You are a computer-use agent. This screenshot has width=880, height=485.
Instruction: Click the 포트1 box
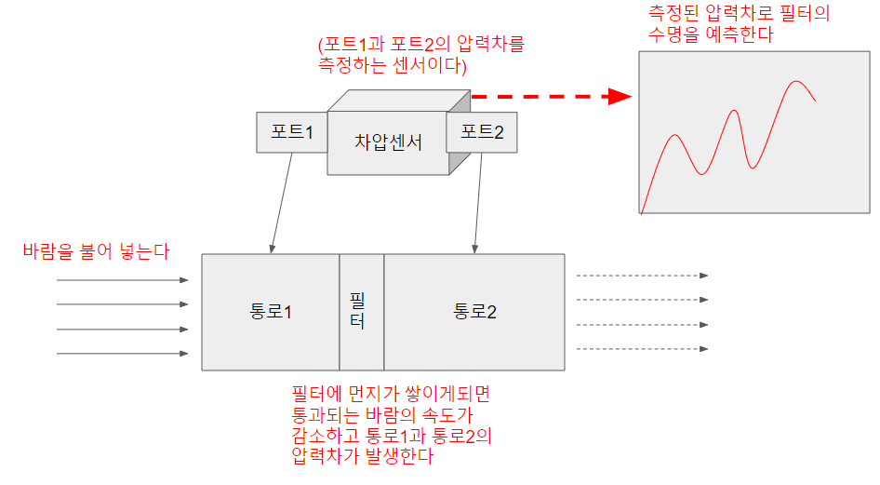tap(291, 132)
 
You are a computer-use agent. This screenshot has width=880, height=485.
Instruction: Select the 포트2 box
tap(482, 132)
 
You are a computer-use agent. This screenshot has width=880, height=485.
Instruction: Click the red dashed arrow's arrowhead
tap(619, 96)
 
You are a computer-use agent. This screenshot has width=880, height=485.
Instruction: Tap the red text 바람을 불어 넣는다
tap(97, 250)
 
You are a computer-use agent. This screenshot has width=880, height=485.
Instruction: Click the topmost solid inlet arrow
tap(122, 279)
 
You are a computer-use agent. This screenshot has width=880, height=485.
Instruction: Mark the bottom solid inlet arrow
tap(122, 353)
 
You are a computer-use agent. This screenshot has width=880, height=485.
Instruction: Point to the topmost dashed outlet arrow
tap(642, 276)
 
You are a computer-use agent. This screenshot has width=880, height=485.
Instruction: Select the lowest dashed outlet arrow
tap(642, 349)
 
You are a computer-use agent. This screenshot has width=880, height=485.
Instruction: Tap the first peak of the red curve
tap(673, 136)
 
